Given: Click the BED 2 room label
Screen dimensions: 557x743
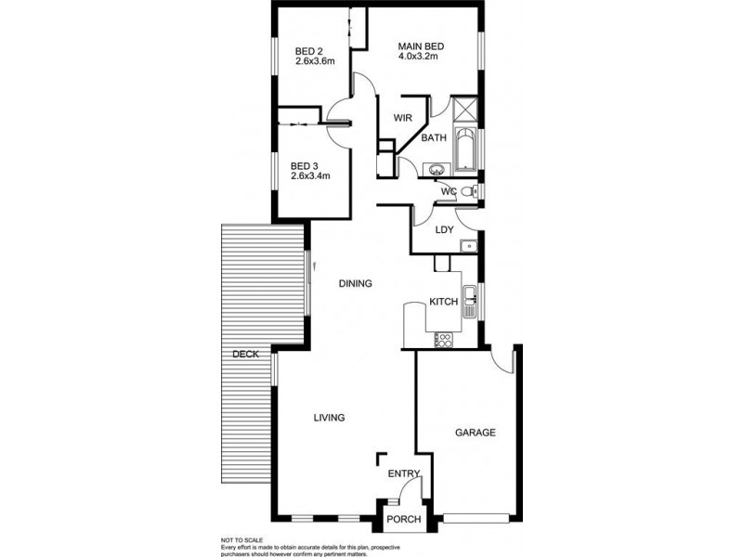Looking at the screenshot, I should (307, 51).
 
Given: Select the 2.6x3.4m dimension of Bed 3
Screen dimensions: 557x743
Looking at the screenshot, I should (311, 175).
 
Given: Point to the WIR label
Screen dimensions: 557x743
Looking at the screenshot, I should (402, 118).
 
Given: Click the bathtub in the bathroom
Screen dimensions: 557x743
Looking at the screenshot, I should (465, 149).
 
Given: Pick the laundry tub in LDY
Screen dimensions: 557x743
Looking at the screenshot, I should (469, 245).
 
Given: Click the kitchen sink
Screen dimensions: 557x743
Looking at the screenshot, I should (471, 296).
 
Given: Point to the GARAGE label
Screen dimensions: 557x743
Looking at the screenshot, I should (474, 433).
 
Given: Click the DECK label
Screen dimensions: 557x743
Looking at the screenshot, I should (245, 354).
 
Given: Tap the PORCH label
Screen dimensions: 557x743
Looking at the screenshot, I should (403, 519).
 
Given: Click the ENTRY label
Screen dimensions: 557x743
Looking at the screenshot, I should (404, 474).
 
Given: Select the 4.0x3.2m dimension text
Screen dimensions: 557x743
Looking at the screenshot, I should (418, 57).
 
